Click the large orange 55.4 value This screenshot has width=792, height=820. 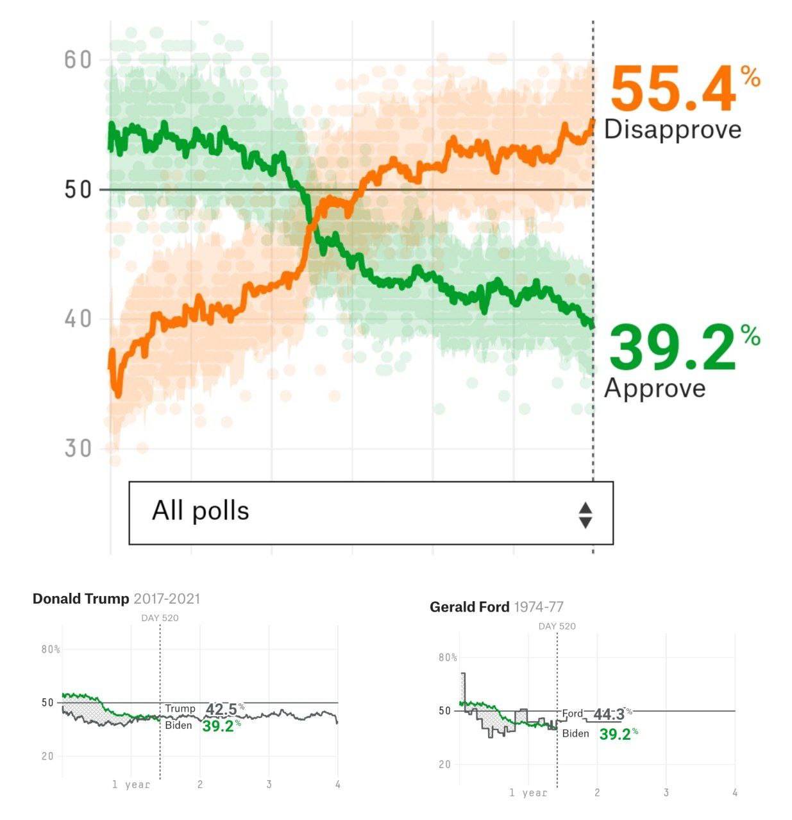click(x=672, y=90)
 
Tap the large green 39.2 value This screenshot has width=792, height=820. click(x=671, y=348)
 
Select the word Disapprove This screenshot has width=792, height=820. click(x=672, y=129)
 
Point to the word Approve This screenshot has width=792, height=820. click(x=655, y=388)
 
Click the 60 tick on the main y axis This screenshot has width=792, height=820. click(x=78, y=60)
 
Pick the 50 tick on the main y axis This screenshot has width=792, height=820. click(x=78, y=190)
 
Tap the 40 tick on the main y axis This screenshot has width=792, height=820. click(x=78, y=319)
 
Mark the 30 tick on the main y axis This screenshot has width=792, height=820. click(x=78, y=448)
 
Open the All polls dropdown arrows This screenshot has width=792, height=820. click(x=585, y=515)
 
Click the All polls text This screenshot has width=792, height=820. click(x=200, y=511)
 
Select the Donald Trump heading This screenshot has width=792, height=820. click(x=81, y=599)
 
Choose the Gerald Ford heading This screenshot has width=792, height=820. click(x=469, y=607)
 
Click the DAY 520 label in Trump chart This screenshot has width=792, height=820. click(x=160, y=618)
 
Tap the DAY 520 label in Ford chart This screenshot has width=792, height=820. click(x=557, y=626)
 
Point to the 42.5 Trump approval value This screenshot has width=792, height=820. click(x=222, y=709)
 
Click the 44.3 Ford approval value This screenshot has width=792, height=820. click(x=609, y=714)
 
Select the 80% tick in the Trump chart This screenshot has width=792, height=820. click(x=51, y=649)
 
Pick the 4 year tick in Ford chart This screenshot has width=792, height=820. click(x=735, y=792)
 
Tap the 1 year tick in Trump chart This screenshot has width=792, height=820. click(x=131, y=784)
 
